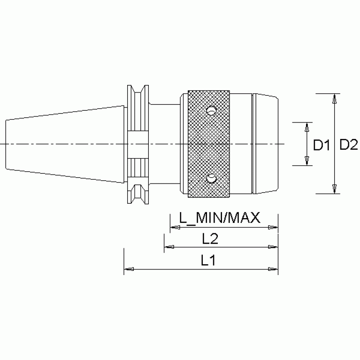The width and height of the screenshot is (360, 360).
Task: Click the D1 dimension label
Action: point(322,145)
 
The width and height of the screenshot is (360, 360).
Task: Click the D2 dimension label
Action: point(349,145)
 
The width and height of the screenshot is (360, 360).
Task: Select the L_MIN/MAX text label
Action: point(220,218)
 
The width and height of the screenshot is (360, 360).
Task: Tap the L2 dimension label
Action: point(210,239)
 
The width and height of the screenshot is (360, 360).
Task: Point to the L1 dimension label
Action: point(208,260)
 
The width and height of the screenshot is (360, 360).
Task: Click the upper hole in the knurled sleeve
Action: point(211,111)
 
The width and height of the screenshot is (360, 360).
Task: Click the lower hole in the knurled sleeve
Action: point(211,178)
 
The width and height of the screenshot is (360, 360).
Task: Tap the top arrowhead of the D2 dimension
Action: point(335,98)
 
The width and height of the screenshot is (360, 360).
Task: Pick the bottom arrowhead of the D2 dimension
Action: point(335,189)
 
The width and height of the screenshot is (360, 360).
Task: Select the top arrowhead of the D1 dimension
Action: point(307,127)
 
